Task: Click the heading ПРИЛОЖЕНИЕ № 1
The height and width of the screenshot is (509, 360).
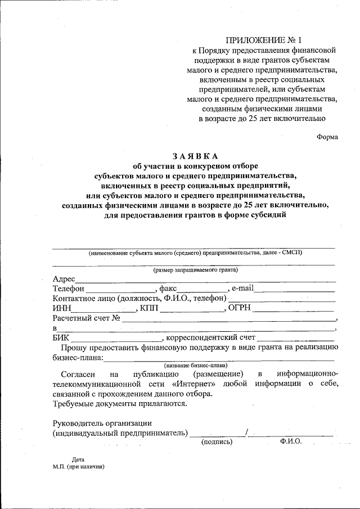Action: coord(263,40)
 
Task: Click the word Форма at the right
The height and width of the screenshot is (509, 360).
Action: coord(327,136)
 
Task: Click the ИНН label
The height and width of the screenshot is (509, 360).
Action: coord(61,309)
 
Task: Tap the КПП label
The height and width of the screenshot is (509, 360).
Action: coord(149,309)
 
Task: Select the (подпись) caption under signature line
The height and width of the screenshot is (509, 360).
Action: coord(217,442)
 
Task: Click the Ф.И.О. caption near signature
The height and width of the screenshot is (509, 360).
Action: coord(290,442)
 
